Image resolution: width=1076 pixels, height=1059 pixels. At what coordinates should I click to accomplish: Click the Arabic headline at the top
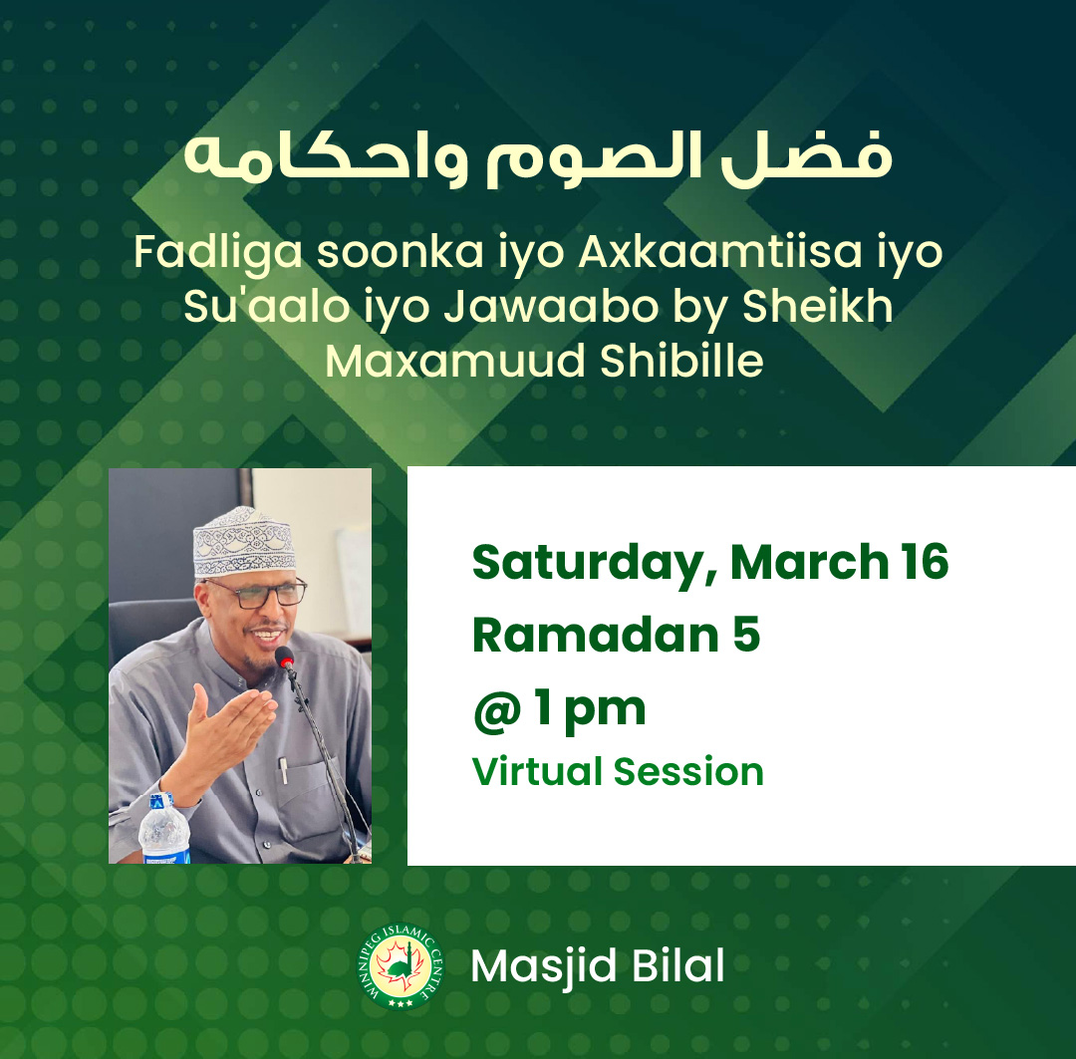(x=538, y=158)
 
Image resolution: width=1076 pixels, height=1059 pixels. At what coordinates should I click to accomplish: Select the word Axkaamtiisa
(x=720, y=252)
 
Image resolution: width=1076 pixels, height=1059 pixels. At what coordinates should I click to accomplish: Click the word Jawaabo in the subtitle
(x=551, y=306)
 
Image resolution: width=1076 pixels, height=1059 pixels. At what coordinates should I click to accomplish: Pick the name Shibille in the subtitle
(x=681, y=361)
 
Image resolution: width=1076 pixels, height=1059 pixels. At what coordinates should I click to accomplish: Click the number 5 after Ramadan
(x=746, y=635)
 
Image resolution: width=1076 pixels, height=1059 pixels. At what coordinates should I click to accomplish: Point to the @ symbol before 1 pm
(x=497, y=711)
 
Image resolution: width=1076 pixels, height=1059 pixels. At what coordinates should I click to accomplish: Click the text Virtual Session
(x=618, y=771)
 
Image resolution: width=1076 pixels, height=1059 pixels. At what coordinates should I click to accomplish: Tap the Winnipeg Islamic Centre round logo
(x=402, y=965)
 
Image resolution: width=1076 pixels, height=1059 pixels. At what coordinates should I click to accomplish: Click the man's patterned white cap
(x=244, y=542)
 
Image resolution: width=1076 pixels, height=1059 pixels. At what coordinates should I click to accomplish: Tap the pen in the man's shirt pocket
(x=283, y=769)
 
